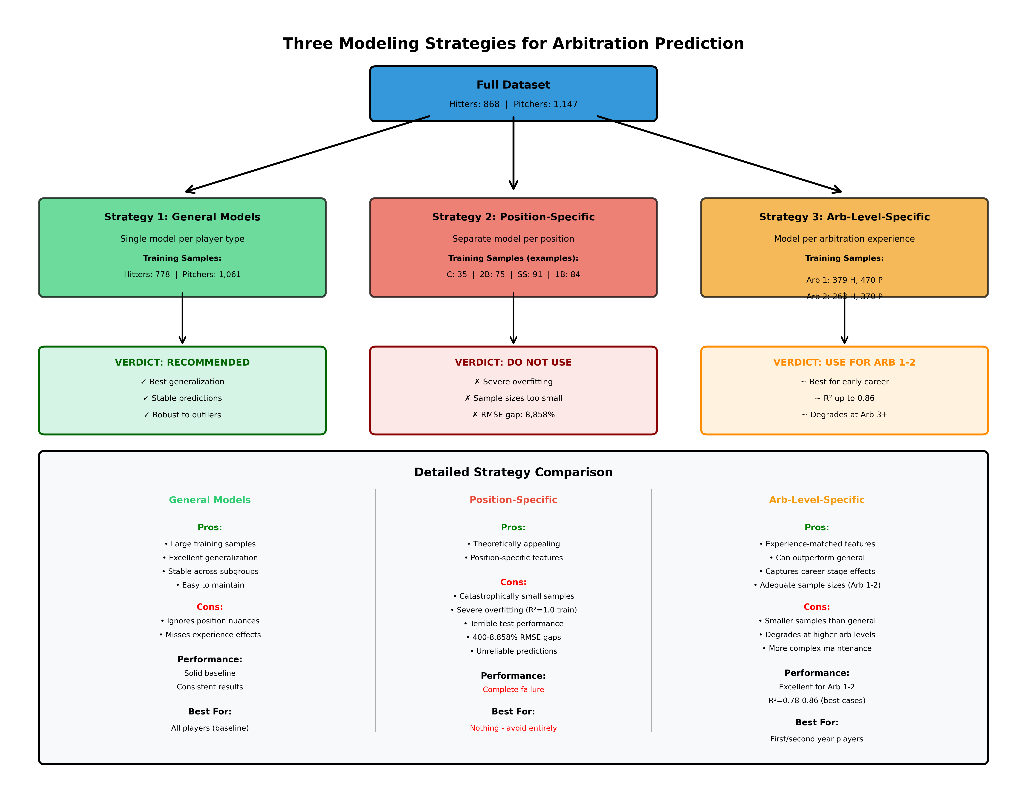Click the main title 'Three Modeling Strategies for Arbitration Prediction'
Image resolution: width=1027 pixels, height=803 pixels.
513,43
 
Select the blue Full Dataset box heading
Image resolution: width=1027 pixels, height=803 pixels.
513,85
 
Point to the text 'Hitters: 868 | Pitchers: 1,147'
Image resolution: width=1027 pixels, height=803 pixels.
513,104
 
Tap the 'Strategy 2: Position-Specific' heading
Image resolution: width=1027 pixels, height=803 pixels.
513,217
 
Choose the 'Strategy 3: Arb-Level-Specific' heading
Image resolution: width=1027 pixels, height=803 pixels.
844,217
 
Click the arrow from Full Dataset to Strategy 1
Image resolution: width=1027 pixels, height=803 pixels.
306,154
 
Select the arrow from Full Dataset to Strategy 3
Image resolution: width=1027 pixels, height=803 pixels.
719,154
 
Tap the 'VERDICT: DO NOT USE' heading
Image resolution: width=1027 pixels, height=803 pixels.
513,362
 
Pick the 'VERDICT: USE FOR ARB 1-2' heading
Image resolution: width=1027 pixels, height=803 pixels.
844,362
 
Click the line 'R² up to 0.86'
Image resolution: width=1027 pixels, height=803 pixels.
844,398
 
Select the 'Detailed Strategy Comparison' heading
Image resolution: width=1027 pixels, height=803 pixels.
513,472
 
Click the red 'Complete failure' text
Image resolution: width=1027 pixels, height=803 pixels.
513,689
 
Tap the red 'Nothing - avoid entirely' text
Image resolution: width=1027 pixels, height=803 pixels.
513,728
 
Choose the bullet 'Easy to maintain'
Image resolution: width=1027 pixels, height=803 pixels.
210,585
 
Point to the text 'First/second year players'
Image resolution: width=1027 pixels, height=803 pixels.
816,739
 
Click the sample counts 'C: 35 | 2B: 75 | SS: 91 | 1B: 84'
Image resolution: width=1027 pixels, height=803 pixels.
513,274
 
